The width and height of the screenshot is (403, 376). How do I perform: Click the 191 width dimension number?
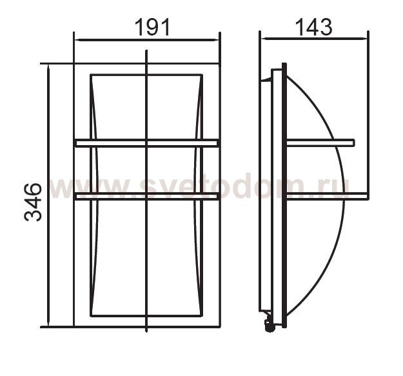pyautogui.click(x=152, y=28)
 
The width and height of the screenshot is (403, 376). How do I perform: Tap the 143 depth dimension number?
pyautogui.click(x=314, y=27)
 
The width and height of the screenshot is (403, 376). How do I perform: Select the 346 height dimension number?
pyautogui.click(x=33, y=202)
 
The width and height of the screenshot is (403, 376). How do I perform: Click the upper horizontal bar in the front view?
pyautogui.click(x=147, y=143)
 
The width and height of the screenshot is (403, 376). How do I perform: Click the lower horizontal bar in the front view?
pyautogui.click(x=147, y=196)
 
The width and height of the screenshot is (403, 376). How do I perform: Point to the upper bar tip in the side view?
pyautogui.click(x=354, y=143)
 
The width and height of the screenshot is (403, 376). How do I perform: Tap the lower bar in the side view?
pyautogui.click(x=327, y=196)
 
